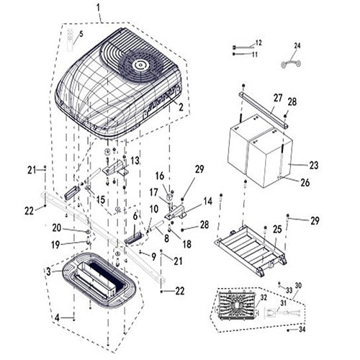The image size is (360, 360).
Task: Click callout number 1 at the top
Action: tap(98, 8)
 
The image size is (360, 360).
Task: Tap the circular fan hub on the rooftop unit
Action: tap(140, 64)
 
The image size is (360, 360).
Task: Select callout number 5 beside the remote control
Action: tap(81, 35)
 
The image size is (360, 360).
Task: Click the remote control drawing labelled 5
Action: tap(71, 40)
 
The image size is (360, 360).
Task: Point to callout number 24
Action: tap(297, 45)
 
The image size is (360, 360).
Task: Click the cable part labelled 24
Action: tap(291, 63)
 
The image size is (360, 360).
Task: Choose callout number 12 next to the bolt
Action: tap(258, 43)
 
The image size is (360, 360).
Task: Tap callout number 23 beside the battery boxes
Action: tap(314, 166)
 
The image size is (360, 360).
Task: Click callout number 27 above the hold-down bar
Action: tap(278, 98)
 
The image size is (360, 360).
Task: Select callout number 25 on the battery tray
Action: tap(277, 230)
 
